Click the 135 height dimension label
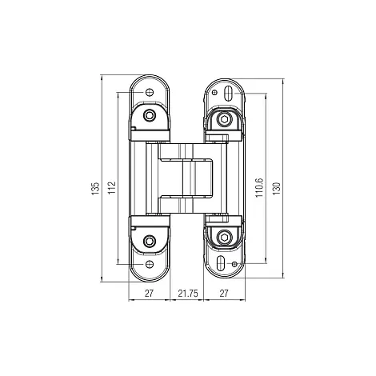(x=95, y=188)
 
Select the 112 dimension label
(x=112, y=188)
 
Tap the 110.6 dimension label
(x=259, y=188)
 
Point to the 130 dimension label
(x=277, y=188)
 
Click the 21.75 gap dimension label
(x=188, y=294)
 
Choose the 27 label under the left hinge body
(x=149, y=294)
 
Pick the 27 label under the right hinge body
(x=224, y=294)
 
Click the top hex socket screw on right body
(x=223, y=118)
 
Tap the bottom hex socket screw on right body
(x=223, y=237)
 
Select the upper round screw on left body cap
(x=150, y=115)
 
